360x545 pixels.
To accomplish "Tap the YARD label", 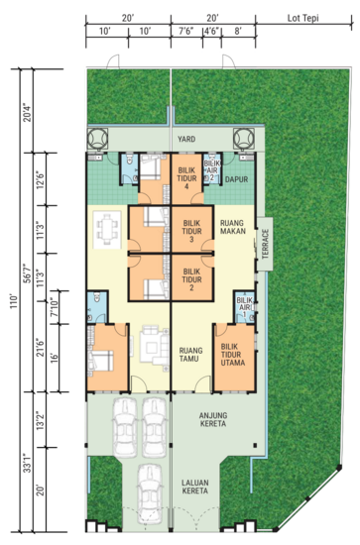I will [x=185, y=140].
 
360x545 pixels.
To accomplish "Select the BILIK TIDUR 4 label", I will [x=185, y=176].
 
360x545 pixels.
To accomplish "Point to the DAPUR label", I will [x=235, y=179].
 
